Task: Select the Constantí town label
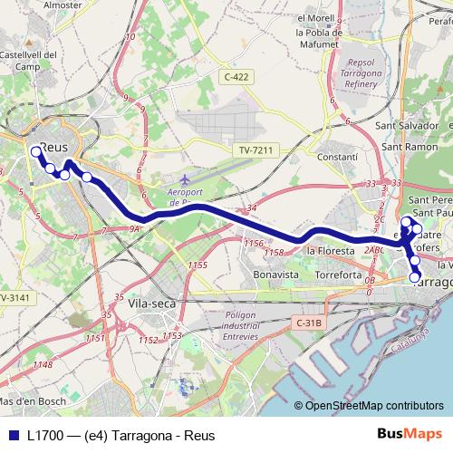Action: tap(340, 157)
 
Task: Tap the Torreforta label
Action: tap(339, 274)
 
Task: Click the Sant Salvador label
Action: tap(408, 126)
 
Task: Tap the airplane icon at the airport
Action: tap(186, 178)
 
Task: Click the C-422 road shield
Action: tap(236, 77)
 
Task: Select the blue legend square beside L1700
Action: tap(14, 435)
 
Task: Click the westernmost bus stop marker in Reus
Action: tap(35, 151)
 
